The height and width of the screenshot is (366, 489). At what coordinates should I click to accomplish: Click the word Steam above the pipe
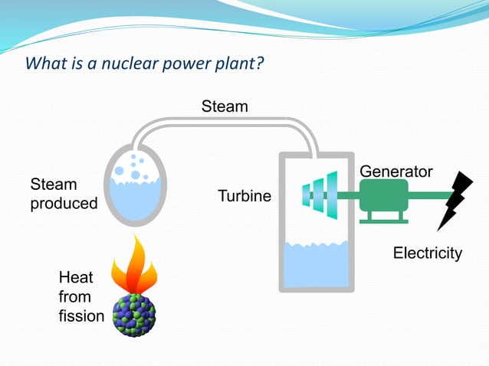coord(225,106)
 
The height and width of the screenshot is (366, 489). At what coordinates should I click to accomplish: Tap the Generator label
coord(395,172)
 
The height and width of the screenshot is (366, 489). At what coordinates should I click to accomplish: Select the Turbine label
coord(244,196)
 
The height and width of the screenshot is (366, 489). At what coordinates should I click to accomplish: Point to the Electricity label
coord(427,253)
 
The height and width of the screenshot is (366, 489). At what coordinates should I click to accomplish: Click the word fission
coord(81,315)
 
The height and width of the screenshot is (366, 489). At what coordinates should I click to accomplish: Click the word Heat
coord(76,277)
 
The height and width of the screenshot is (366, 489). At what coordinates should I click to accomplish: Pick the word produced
coord(64,204)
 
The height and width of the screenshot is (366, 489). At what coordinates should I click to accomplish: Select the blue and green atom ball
coord(134,314)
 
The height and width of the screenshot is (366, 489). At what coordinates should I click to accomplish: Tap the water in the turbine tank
coord(316,264)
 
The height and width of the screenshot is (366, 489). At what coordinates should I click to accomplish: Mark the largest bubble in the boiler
coord(136,175)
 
